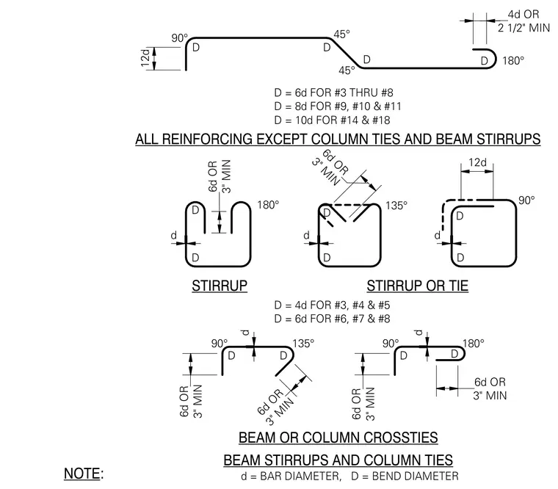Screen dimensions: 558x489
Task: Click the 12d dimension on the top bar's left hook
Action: (x=145, y=58)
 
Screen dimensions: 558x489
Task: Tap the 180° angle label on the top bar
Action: (x=513, y=61)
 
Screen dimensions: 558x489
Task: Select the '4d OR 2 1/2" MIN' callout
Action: (x=523, y=21)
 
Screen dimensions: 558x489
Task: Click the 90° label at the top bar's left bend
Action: (x=179, y=37)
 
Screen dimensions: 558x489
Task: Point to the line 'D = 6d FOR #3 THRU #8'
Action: (x=334, y=93)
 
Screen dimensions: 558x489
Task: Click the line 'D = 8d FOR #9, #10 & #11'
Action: (x=338, y=106)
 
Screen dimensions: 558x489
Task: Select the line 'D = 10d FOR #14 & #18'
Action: (x=332, y=120)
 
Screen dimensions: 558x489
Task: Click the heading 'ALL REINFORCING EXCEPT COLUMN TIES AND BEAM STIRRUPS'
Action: (x=338, y=140)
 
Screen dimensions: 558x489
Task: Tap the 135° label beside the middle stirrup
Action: (x=396, y=206)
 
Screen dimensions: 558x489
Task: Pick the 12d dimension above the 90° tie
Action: (x=477, y=163)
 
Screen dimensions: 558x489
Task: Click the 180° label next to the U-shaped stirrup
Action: (x=268, y=205)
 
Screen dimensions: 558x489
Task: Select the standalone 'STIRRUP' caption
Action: (x=220, y=286)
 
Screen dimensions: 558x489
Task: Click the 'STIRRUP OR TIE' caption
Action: (x=418, y=286)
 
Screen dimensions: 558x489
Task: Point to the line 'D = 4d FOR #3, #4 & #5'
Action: (x=332, y=305)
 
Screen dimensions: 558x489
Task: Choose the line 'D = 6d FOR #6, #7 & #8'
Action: (x=332, y=319)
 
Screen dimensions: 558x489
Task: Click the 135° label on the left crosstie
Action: (x=303, y=344)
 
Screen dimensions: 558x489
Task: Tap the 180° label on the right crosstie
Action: (x=474, y=344)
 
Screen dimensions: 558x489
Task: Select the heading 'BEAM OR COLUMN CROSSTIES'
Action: (x=338, y=438)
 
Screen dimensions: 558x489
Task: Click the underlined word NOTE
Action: (x=81, y=474)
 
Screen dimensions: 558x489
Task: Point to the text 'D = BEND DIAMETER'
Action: (x=405, y=477)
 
